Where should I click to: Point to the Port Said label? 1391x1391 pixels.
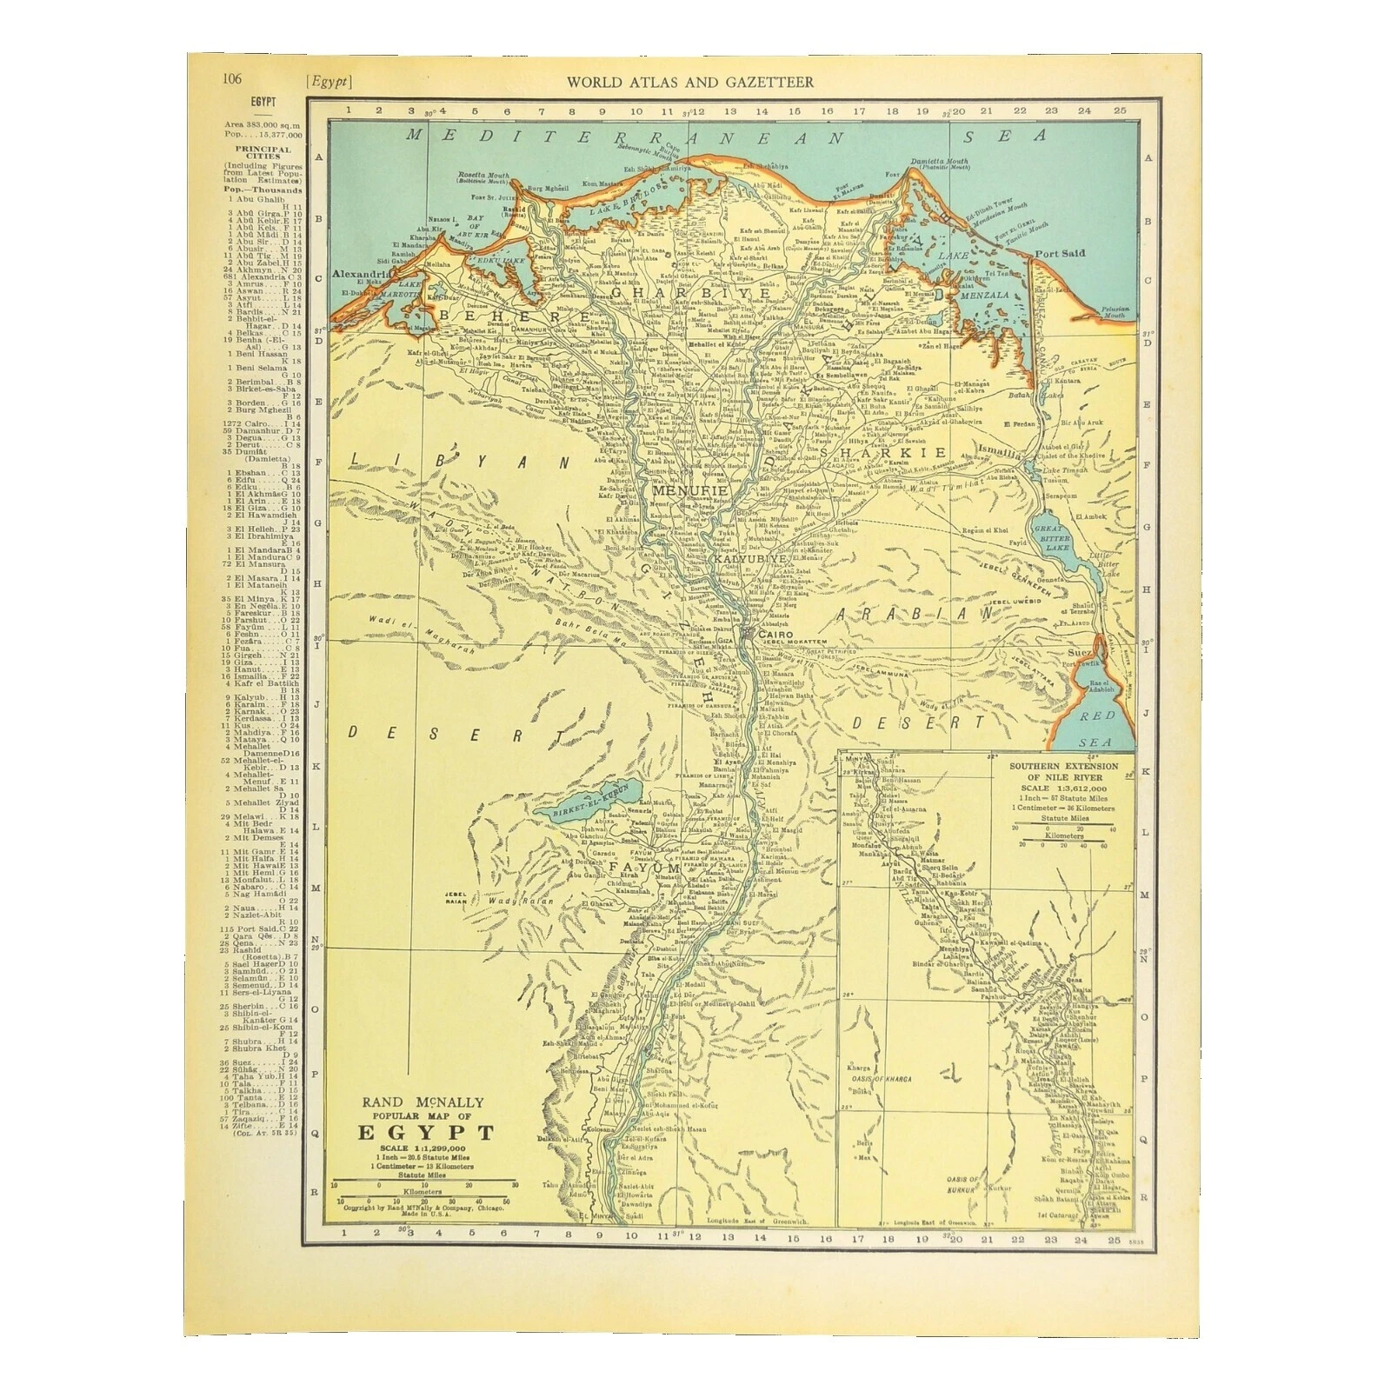pyautogui.click(x=1060, y=253)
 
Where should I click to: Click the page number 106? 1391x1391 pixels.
pyautogui.click(x=231, y=78)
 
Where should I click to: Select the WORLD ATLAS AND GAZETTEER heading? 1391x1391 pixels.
pyautogui.click(x=690, y=83)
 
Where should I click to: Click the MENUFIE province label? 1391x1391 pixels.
pyautogui.click(x=689, y=491)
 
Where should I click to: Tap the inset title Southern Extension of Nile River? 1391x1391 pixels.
pyautogui.click(x=1062, y=772)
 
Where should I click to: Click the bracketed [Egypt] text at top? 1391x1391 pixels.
pyautogui.click(x=329, y=83)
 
